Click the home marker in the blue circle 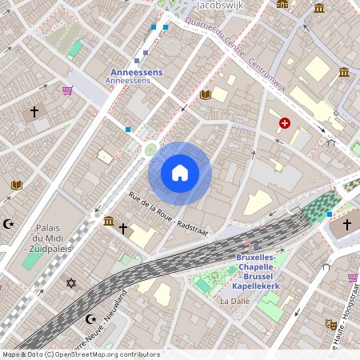180,173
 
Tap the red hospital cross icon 285,123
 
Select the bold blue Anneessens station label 135,72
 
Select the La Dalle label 234,302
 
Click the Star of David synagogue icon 70,283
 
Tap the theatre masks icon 330,324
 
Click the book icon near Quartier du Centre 205,94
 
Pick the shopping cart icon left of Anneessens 67,90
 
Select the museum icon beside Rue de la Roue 108,221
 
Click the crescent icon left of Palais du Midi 9,224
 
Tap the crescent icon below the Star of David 90,319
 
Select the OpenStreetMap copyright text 81,354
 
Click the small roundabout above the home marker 150,149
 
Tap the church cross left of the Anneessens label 34,113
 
